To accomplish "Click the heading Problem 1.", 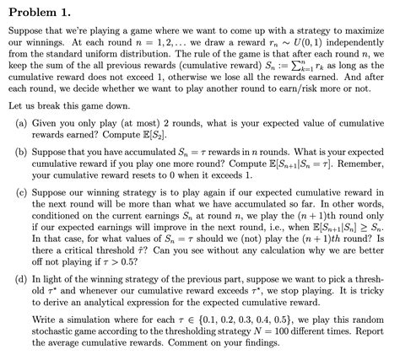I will tap(40, 10).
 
